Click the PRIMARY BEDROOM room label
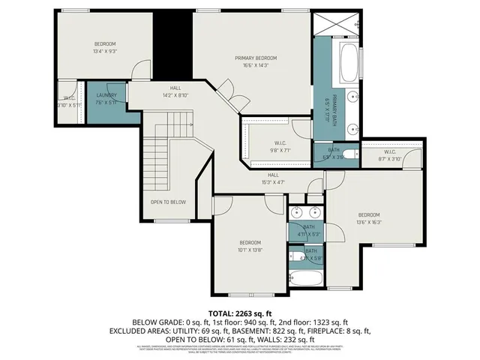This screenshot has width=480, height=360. pyautogui.click(x=256, y=61)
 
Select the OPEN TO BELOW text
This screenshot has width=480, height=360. pyautogui.click(x=168, y=202)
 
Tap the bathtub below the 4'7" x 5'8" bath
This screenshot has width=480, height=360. pyautogui.click(x=307, y=279)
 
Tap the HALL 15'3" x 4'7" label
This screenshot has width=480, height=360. pyautogui.click(x=274, y=178)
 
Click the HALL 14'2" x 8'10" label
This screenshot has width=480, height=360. pyautogui.click(x=174, y=91)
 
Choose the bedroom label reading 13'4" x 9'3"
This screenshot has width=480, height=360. pyautogui.click(x=105, y=47)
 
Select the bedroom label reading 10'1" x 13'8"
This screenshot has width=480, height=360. pyautogui.click(x=250, y=246)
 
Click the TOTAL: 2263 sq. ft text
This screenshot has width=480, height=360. pyautogui.click(x=239, y=313)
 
